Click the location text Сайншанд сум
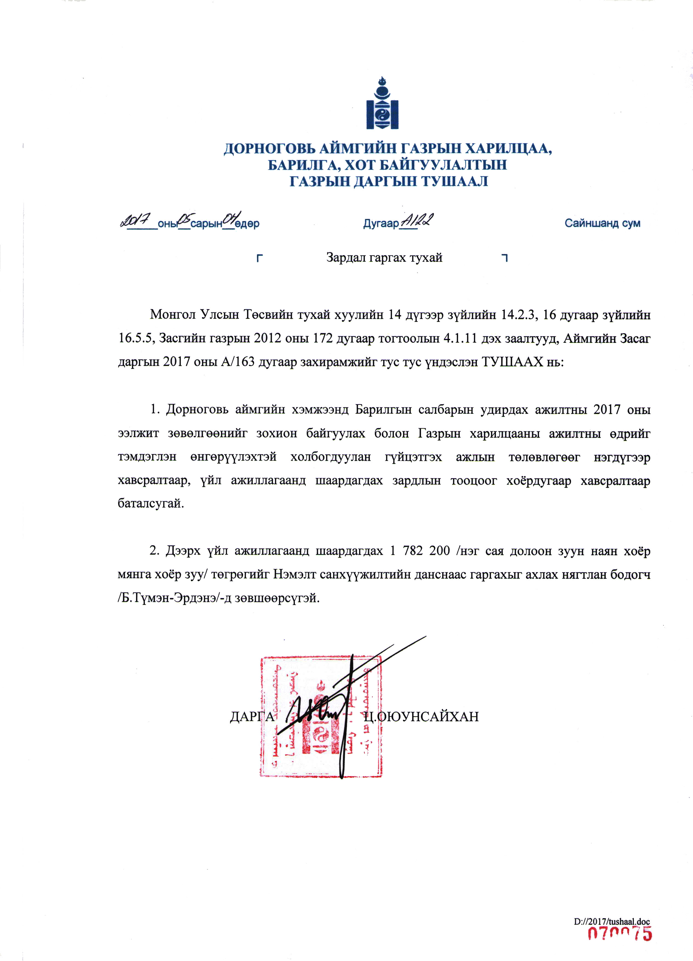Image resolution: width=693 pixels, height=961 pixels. pos(602,223)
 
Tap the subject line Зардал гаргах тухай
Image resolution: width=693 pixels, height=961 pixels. pos(384,257)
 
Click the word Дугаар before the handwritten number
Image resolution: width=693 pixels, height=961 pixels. pos(381,223)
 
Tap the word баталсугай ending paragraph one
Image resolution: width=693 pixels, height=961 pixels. pos(150,504)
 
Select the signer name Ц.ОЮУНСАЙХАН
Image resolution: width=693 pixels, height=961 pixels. pos(421,717)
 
